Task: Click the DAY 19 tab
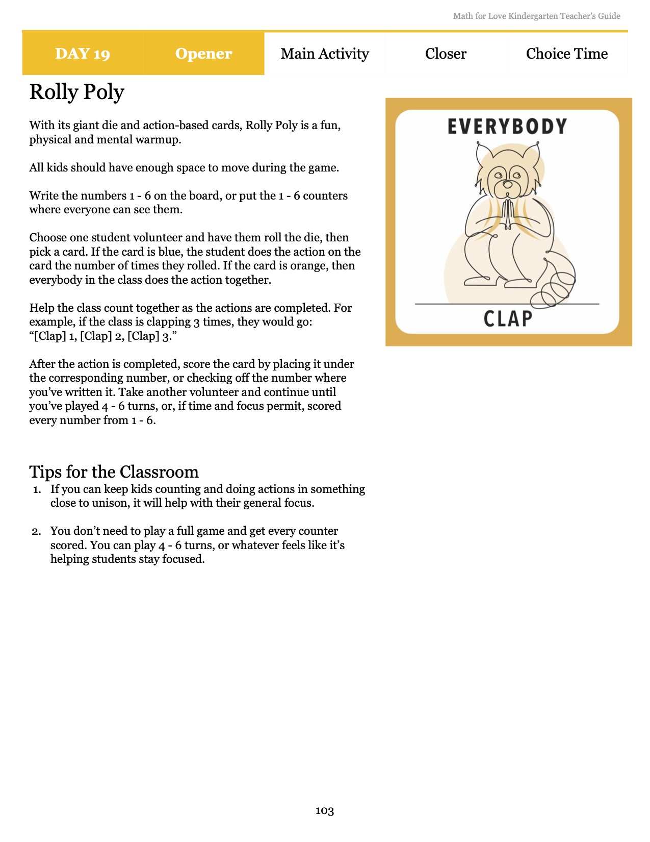83,54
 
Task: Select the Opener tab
203,54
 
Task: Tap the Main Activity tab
325,54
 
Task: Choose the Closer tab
446,54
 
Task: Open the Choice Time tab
567,54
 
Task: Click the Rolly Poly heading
77,92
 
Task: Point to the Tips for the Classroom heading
114,472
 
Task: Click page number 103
325,811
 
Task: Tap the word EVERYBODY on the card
507,127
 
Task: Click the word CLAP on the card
508,319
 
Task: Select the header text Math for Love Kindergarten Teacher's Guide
536,16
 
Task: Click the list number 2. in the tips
37,532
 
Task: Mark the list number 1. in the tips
37,490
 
